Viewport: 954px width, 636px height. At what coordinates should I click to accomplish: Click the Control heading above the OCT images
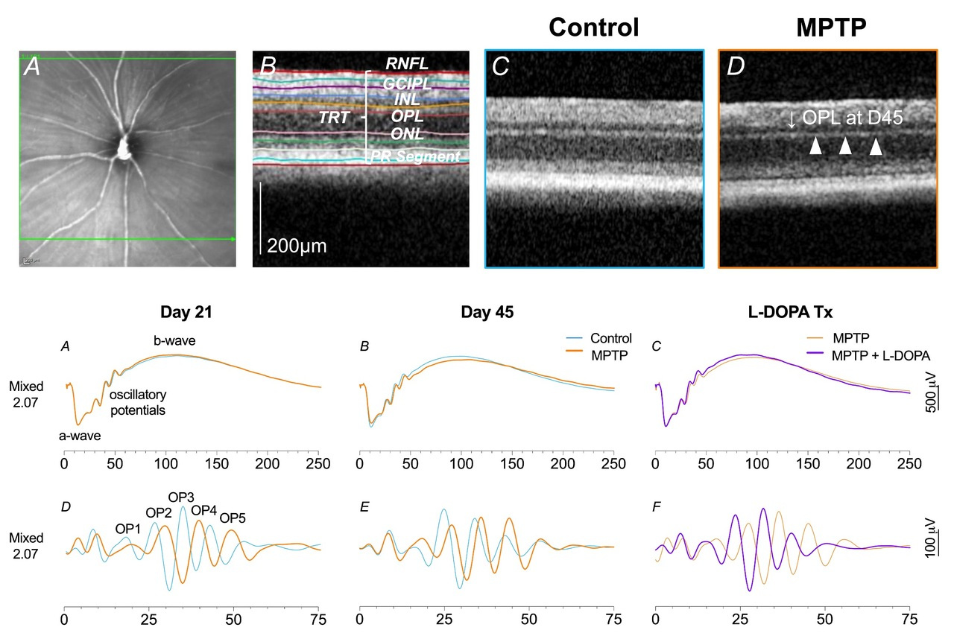click(593, 27)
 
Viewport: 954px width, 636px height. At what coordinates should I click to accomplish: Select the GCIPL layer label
click(407, 83)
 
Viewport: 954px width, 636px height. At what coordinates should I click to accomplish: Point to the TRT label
click(335, 118)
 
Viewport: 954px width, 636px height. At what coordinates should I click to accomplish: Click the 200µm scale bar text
click(298, 244)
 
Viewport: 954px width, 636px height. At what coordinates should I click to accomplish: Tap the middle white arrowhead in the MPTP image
click(845, 147)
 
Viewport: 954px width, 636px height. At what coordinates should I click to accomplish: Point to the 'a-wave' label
click(80, 436)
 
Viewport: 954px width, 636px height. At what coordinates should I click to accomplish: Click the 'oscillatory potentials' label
click(138, 401)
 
